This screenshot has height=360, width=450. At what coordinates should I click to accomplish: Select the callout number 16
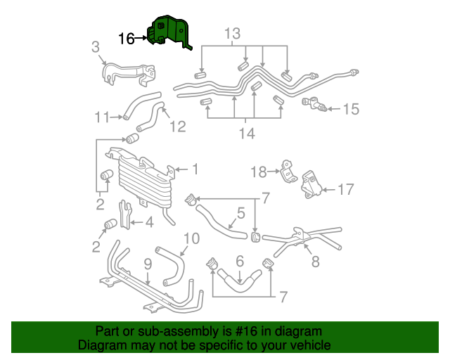pos(127,39)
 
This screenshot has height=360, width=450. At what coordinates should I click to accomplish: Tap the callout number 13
pos(232,33)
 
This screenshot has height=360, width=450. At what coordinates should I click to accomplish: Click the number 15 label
pos(351,109)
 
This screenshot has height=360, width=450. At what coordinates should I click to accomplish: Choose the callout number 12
pos(177,127)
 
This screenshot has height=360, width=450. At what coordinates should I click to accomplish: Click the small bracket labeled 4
pos(126,214)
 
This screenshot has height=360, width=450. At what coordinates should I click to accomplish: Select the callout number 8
pos(315,262)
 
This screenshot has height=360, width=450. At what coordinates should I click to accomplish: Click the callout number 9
pos(148,264)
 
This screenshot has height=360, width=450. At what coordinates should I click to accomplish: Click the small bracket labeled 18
pos(288,172)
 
